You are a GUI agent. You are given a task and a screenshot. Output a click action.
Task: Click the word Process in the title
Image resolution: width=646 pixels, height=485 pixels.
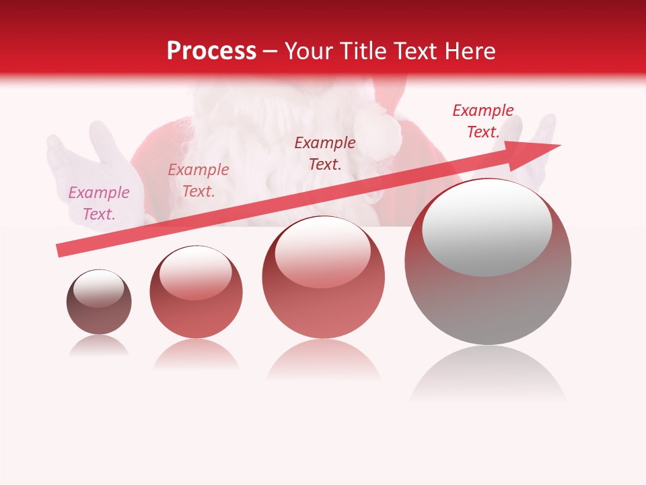click(211, 51)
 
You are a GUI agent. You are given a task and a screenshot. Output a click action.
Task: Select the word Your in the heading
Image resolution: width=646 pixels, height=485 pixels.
click(310, 51)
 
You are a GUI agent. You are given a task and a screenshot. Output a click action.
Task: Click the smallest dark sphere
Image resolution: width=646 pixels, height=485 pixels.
click(99, 302)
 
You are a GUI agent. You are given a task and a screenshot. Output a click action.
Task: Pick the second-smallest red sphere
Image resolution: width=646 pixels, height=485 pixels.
click(196, 292)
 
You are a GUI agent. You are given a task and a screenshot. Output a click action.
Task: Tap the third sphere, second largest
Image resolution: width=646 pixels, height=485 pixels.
click(324, 278)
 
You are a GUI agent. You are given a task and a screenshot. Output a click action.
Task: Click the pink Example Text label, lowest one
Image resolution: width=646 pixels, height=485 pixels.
click(99, 203)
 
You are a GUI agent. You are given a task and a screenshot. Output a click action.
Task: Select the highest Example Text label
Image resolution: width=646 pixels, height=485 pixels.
click(483, 121)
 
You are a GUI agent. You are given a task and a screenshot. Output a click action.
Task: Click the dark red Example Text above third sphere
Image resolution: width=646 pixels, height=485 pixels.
click(325, 153)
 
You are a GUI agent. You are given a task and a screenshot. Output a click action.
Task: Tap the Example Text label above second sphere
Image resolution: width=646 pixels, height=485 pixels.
click(199, 181)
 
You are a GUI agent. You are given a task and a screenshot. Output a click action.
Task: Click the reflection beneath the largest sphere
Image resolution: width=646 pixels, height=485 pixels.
click(488, 374)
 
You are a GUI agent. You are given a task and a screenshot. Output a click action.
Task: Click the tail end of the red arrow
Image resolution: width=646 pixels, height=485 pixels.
click(62, 250)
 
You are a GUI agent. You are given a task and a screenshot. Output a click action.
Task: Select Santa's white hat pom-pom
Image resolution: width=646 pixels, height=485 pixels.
click(378, 131)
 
